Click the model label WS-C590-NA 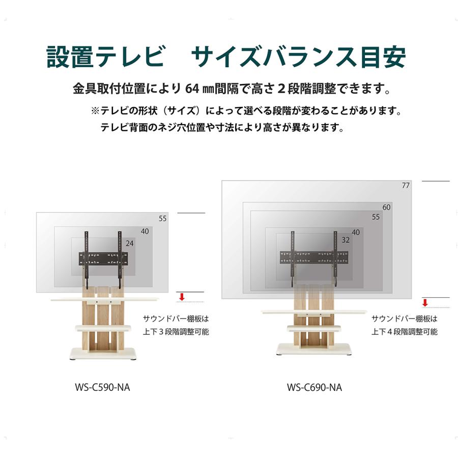coord(102,387)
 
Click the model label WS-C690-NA coord(314,387)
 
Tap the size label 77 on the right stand coord(405,186)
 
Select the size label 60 coord(387,207)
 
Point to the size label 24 coord(129,244)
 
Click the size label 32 coord(346,240)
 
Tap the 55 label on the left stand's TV coord(162,219)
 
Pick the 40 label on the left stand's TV coord(145,232)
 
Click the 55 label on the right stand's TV coord(376,217)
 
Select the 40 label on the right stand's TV coord(356,233)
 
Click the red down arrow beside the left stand coord(180,297)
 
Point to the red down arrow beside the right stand coord(425,303)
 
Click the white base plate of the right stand coord(313,349)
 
